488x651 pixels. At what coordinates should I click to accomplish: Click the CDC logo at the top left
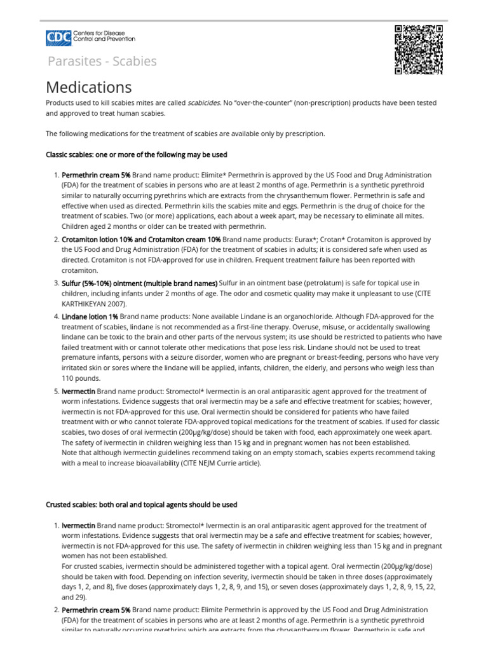pyautogui.click(x=91, y=38)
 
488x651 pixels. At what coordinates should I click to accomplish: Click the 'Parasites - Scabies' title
pyautogui.click(x=102, y=61)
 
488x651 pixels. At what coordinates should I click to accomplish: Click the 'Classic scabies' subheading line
pyautogui.click(x=137, y=154)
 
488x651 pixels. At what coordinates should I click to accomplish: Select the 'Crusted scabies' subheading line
pyautogui.click(x=142, y=504)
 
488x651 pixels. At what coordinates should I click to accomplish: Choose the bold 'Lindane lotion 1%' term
pyautogui.click(x=90, y=316)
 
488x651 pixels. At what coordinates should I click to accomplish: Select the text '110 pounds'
pyautogui.click(x=81, y=378)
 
